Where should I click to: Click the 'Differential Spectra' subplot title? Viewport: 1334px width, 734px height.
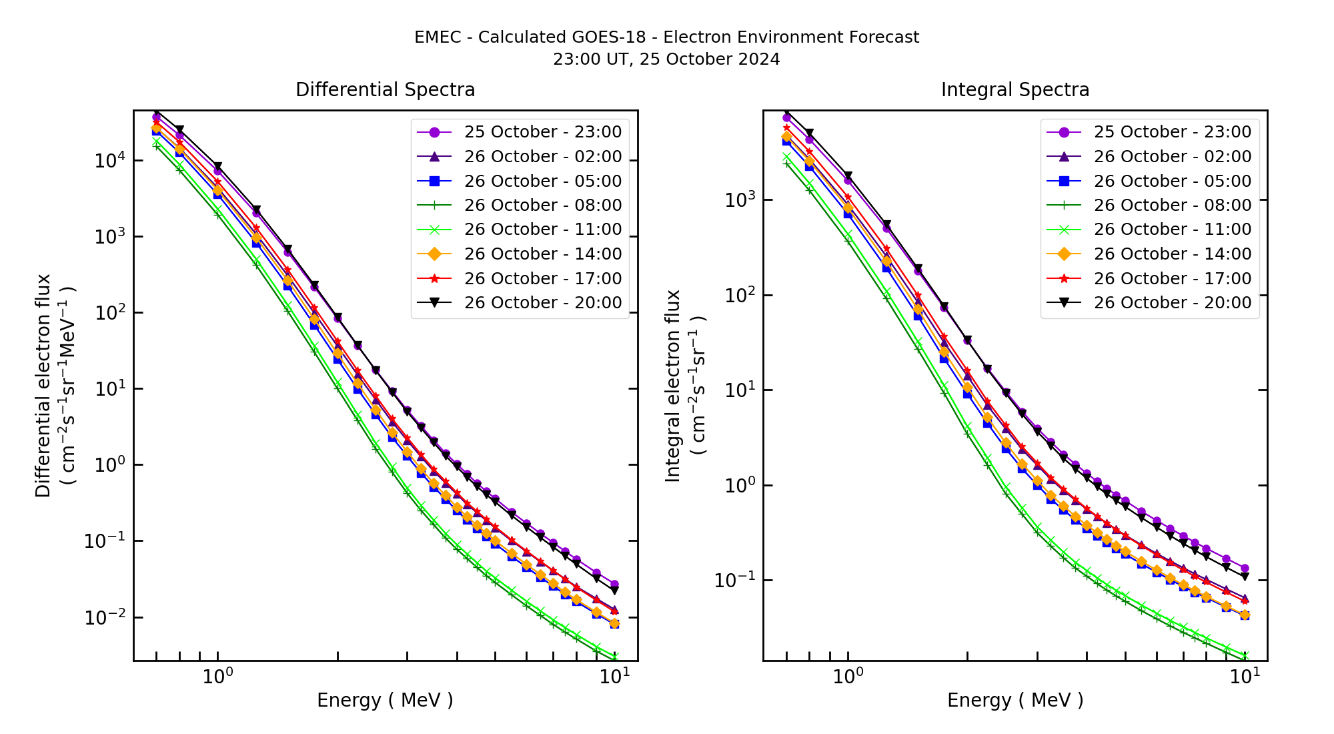[385, 89]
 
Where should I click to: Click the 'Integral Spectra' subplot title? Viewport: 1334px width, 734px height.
[1015, 89]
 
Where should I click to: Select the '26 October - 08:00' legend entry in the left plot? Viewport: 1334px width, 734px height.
[542, 206]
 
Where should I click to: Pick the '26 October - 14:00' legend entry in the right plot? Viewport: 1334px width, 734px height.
[1172, 254]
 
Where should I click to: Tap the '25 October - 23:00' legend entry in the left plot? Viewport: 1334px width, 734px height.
[542, 132]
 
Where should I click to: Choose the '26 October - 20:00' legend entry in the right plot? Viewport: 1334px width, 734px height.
[1172, 303]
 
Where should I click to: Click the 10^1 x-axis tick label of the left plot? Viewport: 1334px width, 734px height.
[613, 677]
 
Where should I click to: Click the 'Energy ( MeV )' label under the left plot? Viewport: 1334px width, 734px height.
[385, 700]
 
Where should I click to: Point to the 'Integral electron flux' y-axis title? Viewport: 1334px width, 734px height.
[673, 386]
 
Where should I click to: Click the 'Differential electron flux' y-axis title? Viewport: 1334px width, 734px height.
[43, 386]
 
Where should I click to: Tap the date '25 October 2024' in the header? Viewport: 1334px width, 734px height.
[710, 59]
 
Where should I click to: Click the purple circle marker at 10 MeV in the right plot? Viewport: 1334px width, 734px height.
[1244, 569]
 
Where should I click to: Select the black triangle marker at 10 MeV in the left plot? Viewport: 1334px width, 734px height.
[614, 591]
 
